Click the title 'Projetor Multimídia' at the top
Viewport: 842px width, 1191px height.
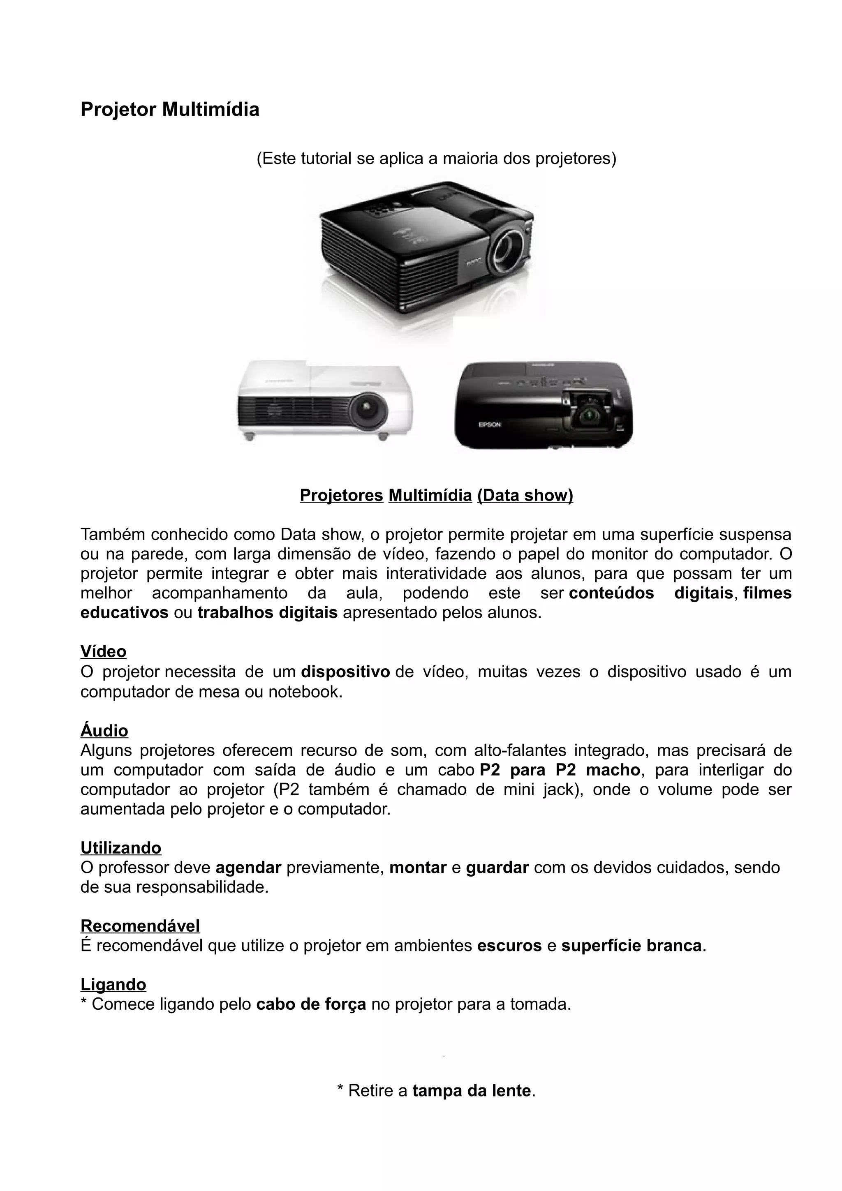(170, 109)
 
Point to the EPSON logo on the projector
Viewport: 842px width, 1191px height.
(489, 424)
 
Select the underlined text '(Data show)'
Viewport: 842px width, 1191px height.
(525, 495)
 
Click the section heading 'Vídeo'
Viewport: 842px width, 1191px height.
(103, 651)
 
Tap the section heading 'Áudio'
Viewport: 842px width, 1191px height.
(104, 730)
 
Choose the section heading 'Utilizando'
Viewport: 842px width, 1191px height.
(121, 847)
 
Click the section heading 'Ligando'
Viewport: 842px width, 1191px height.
(113, 985)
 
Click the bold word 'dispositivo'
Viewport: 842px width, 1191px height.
(345, 672)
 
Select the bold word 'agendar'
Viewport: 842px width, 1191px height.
(248, 867)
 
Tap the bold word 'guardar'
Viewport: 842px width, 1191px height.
(497, 867)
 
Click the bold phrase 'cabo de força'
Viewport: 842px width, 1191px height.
(311, 1004)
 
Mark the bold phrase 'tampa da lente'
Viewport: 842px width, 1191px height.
(472, 1090)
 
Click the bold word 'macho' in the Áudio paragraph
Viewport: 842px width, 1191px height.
(613, 770)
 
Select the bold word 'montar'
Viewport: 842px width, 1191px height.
(418, 867)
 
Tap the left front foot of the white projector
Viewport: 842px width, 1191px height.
(250, 436)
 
